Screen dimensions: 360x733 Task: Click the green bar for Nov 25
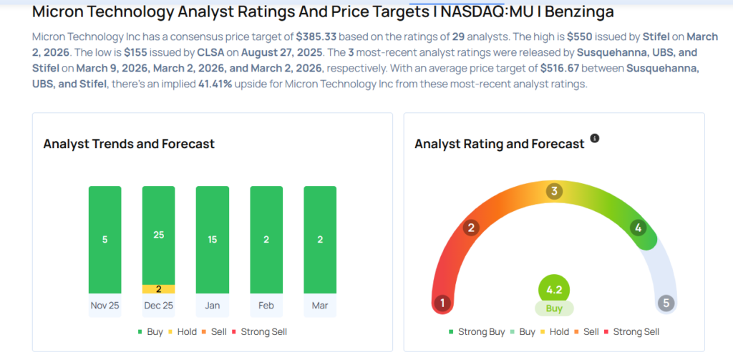[x=105, y=239]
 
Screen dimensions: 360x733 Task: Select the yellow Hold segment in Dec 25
[x=159, y=288]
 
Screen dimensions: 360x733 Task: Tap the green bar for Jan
[x=213, y=239]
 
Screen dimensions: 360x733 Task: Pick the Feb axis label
[x=266, y=305]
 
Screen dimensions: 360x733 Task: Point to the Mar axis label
[x=320, y=305]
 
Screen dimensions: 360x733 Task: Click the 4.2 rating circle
[x=554, y=291]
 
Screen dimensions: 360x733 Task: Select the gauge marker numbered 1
[x=442, y=303]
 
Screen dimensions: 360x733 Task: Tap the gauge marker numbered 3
[x=553, y=191]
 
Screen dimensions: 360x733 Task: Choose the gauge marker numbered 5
[x=666, y=303]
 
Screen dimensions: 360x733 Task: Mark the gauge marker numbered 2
[x=470, y=228]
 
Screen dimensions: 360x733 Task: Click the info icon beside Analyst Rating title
[x=594, y=138]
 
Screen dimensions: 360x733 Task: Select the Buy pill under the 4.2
[x=554, y=308]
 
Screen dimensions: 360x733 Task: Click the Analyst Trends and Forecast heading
[x=129, y=144]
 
